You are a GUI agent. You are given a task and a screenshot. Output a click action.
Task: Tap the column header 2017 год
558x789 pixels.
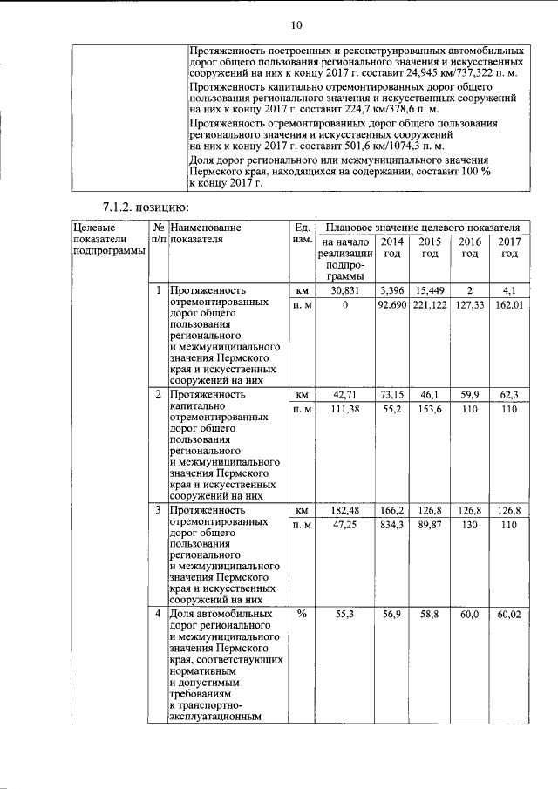(x=509, y=247)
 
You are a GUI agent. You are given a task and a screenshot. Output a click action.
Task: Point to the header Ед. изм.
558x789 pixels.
(x=302, y=233)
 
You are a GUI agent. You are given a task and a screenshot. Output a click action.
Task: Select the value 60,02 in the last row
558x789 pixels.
(x=509, y=615)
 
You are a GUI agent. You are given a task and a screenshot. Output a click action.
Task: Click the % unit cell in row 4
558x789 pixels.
(x=302, y=614)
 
